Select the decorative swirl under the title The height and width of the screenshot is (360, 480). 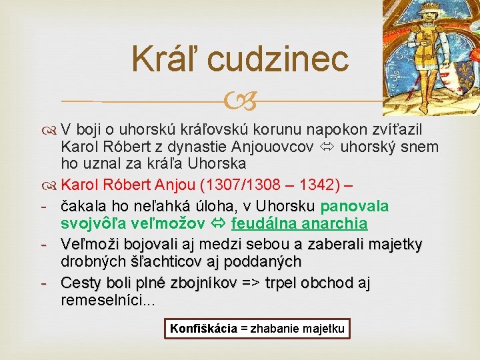pyautogui.click(x=239, y=102)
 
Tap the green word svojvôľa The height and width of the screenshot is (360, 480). pyautogui.click(x=93, y=223)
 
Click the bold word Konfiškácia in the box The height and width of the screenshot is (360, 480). pyautogui.click(x=203, y=328)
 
